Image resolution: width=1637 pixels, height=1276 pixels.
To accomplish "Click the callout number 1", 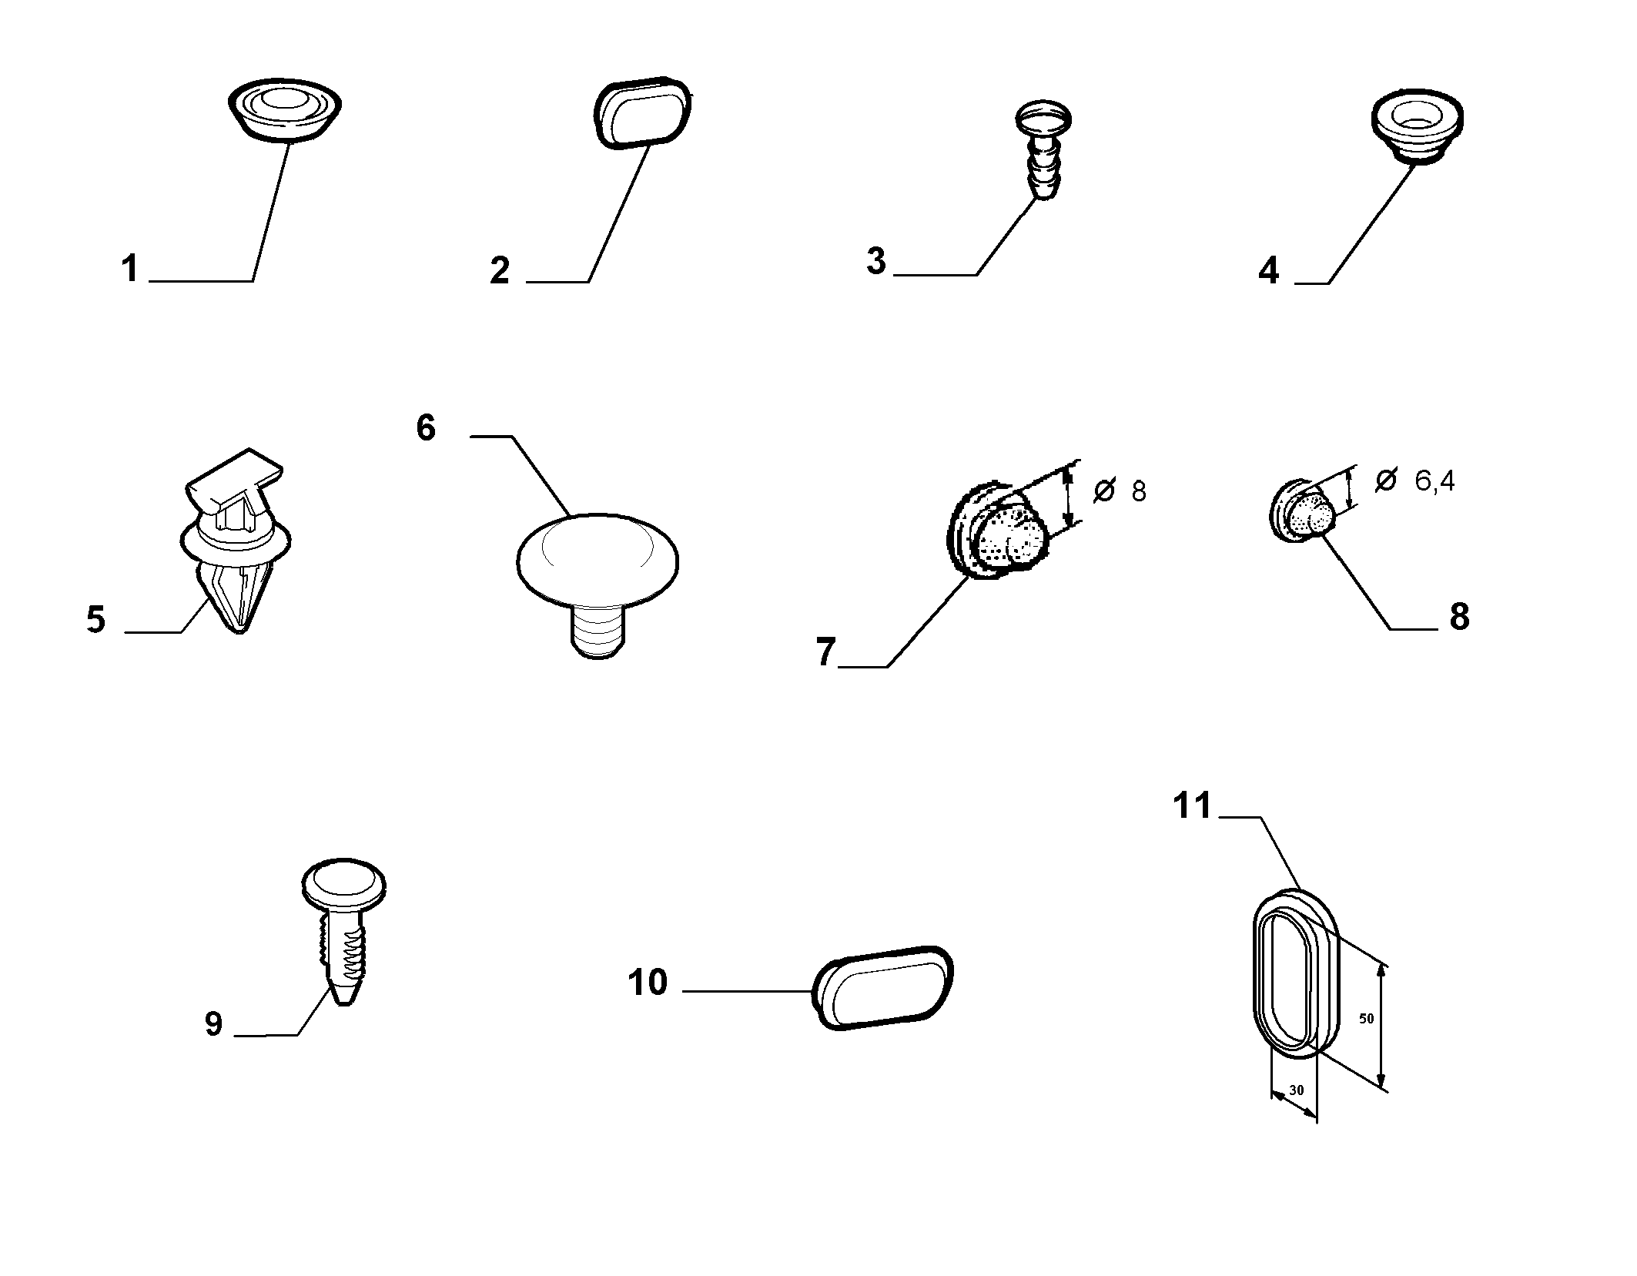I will (130, 270).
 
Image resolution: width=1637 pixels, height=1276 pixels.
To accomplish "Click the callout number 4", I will (1268, 271).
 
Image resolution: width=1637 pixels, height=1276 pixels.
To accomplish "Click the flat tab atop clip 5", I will (234, 473).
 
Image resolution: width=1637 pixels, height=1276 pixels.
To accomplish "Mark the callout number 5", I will (95, 619).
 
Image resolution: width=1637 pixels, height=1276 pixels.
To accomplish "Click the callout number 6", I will (426, 427).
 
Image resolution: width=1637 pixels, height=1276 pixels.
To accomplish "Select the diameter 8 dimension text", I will (1120, 491).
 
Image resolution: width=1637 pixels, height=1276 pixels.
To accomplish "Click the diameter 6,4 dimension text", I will (1415, 481).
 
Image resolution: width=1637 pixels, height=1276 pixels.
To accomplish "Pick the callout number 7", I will (825, 652).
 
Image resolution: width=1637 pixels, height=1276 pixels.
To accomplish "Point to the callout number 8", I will (1459, 616).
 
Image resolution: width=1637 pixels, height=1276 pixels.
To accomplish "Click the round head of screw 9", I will (344, 882).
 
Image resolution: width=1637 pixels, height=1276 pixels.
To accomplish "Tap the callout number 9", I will (213, 1024).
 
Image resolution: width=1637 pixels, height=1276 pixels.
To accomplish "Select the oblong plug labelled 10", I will (883, 987).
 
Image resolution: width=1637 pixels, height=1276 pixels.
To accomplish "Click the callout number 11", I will (1192, 806).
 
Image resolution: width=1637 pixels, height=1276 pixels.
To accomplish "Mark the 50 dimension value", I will (1366, 1018).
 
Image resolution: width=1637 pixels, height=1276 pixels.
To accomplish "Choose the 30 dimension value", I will (1297, 1090).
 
